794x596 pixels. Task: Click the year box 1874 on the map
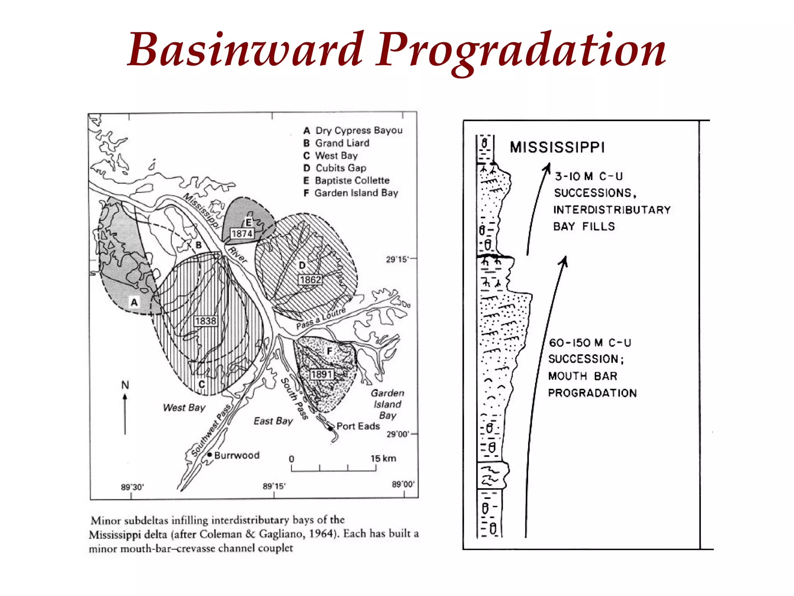point(242,234)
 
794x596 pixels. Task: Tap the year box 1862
point(310,280)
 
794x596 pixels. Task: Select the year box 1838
point(205,321)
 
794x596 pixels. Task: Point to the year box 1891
point(321,374)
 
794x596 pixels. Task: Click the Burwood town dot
point(209,454)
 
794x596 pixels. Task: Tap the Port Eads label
point(358,426)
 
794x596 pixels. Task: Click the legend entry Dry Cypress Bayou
point(359,130)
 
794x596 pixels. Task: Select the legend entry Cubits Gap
point(341,168)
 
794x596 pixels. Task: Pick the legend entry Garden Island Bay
point(356,193)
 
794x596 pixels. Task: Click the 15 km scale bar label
point(383,458)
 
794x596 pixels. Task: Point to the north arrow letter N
point(125,385)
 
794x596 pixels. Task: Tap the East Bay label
point(273,421)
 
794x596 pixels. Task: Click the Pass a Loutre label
point(321,319)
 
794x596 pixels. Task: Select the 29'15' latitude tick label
point(397,259)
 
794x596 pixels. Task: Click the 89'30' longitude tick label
point(132,487)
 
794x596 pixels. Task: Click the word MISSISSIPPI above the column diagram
point(557,147)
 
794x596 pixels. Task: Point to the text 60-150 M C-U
point(590,343)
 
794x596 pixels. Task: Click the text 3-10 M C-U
point(589,177)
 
